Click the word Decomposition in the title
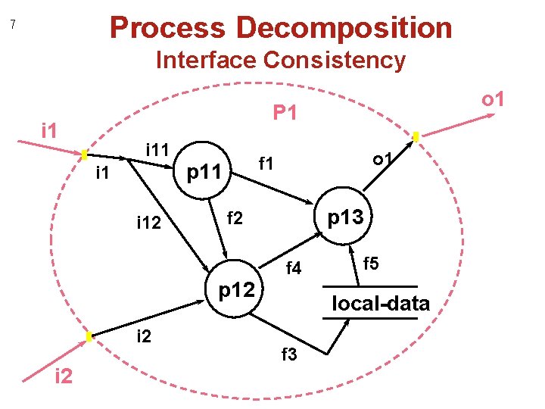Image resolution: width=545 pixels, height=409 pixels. tap(344, 28)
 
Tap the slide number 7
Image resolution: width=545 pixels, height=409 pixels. tap(12, 25)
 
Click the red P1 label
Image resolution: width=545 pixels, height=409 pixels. tap(285, 114)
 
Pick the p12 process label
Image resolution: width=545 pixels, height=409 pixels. tap(240, 290)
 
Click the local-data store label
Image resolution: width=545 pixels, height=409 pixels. tap(381, 304)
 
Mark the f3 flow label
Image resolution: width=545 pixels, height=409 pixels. tap(290, 354)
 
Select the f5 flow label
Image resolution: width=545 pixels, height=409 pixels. tap(372, 264)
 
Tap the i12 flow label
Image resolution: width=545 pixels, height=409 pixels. tap(148, 223)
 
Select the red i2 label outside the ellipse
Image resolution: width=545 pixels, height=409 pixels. tap(64, 376)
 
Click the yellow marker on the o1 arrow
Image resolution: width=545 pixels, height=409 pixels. tap(416, 138)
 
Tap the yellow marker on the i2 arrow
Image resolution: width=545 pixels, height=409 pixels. tap(89, 336)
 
